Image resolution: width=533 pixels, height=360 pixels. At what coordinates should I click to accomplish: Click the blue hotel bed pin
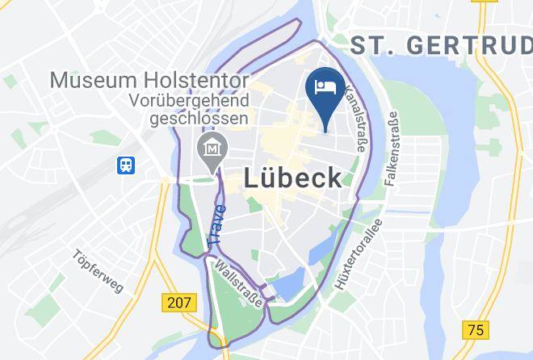326,92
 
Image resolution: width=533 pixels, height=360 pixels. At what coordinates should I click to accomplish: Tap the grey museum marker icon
213,149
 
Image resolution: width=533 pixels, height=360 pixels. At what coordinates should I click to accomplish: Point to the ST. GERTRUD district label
441,45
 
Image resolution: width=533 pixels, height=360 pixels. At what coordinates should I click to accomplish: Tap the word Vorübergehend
191,102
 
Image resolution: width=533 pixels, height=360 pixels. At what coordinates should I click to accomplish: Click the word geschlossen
198,119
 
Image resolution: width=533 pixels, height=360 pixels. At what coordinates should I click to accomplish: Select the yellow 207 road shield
178,303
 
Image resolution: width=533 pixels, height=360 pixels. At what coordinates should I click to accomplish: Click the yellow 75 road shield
476,329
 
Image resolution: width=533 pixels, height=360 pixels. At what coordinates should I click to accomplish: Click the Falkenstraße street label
392,150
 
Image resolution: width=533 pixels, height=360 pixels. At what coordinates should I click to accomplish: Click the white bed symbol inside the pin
326,85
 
